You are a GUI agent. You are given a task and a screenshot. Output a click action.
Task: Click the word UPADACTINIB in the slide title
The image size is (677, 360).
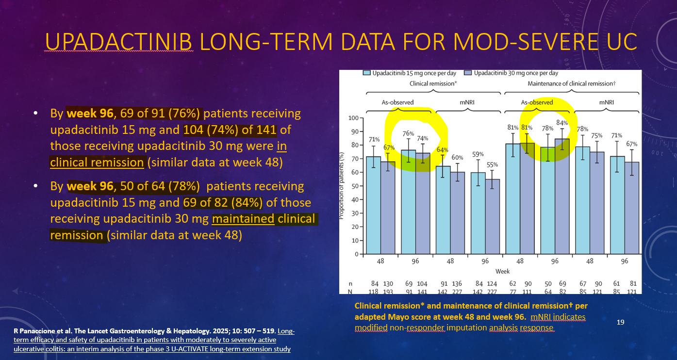pyautogui.click(x=119, y=42)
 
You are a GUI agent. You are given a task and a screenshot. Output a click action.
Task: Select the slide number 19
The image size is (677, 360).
pyautogui.click(x=620, y=322)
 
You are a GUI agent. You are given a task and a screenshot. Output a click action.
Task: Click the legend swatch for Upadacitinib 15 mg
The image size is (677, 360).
pyautogui.click(x=367, y=73)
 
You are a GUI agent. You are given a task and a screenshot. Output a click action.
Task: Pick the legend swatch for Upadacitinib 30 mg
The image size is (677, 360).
pyautogui.click(x=469, y=73)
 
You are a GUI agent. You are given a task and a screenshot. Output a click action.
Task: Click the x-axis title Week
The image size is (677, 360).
pyautogui.click(x=502, y=271)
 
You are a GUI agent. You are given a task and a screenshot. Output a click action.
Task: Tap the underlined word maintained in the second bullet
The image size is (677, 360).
pyautogui.click(x=243, y=219)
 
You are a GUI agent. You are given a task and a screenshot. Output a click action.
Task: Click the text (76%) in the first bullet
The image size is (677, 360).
pyautogui.click(x=187, y=114)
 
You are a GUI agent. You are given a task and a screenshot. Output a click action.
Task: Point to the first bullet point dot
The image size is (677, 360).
pyautogui.click(x=35, y=114)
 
